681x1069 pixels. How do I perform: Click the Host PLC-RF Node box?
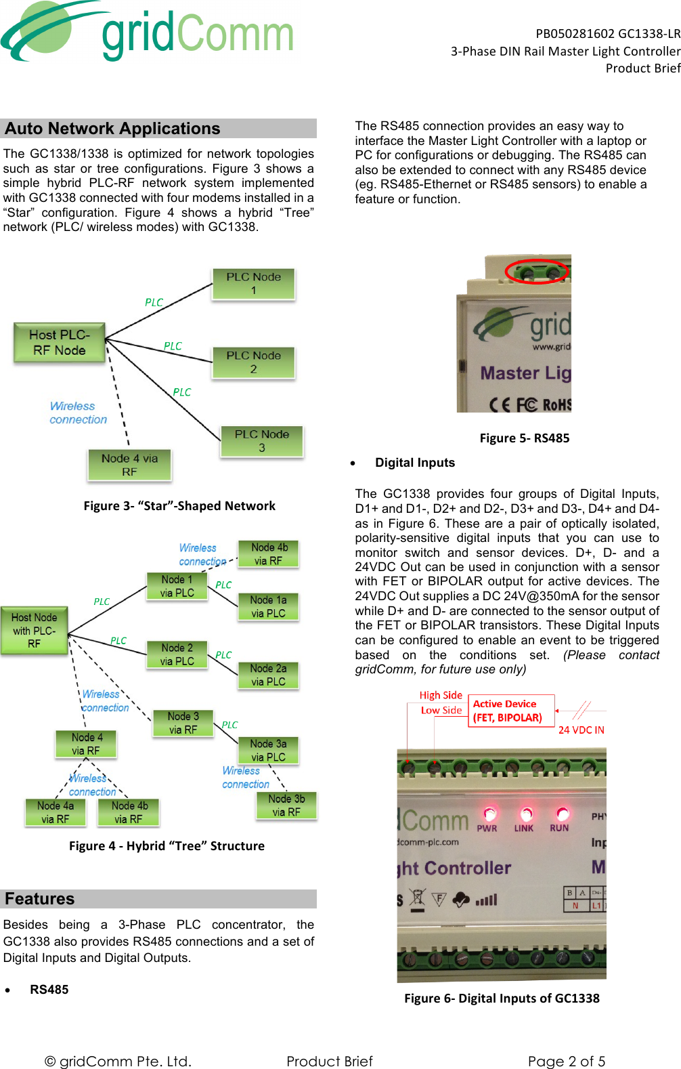tap(60, 343)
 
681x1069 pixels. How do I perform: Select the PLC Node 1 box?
tap(254, 283)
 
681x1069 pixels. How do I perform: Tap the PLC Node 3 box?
tap(262, 440)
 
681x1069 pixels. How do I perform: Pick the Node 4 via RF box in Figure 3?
tap(129, 465)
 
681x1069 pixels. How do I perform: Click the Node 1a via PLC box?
tap(268, 606)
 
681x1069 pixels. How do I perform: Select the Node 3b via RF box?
tap(286, 805)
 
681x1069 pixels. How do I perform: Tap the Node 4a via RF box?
tap(56, 812)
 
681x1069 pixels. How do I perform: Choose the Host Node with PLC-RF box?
tap(35, 630)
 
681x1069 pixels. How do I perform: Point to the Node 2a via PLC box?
tap(268, 675)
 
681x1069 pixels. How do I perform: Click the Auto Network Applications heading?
tap(113, 129)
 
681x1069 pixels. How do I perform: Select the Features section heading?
tap(40, 899)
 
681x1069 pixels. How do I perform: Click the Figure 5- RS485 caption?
tap(525, 438)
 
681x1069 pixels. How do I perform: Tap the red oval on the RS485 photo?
tap(536, 271)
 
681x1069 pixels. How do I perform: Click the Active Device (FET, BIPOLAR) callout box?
tap(511, 711)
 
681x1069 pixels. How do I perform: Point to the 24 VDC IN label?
tap(581, 730)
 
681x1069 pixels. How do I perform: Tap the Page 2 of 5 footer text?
tap(567, 1061)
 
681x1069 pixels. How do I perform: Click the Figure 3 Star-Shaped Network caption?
tap(179, 506)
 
